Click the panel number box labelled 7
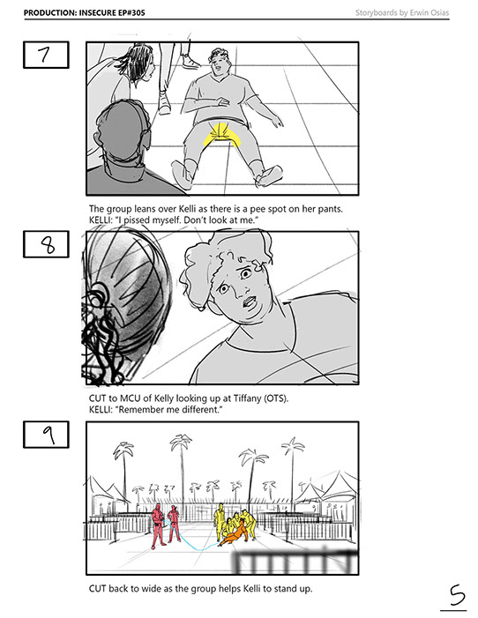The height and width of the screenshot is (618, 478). (46, 55)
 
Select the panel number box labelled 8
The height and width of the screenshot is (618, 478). (46, 244)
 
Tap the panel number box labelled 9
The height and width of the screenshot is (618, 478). (46, 435)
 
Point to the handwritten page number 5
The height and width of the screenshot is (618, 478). (456, 596)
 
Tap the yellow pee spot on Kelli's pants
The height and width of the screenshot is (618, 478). (220, 135)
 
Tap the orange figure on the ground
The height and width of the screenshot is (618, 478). (235, 534)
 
